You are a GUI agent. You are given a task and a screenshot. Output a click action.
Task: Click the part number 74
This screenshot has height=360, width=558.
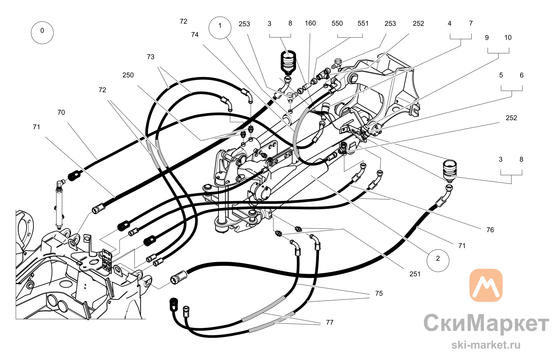pos(195,35)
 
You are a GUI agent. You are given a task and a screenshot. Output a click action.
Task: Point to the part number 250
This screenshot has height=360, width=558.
pos(128,75)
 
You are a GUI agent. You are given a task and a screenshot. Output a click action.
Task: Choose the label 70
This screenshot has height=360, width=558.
pos(61,112)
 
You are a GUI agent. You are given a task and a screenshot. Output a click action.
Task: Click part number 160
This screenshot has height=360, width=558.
pos(310,23)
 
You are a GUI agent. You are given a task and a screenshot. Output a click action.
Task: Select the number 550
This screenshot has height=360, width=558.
pos(337,23)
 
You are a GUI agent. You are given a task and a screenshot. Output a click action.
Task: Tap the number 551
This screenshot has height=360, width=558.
pos(363,23)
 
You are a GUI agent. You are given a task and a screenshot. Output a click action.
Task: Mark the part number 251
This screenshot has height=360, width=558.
pos(415,274)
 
